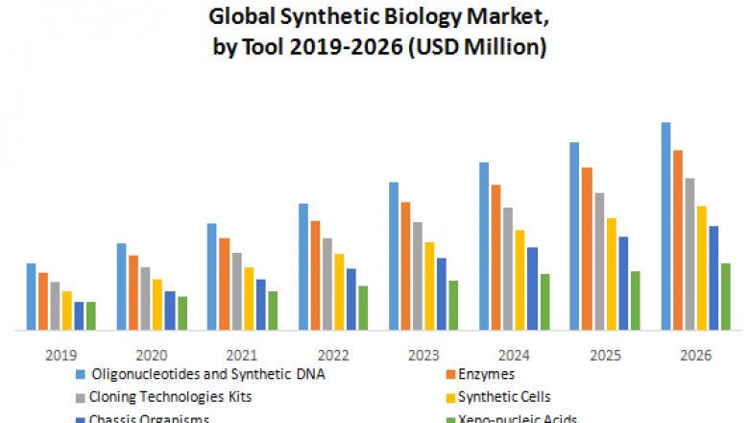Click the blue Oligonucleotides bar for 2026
[665, 226]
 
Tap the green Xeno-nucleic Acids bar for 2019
[91, 315]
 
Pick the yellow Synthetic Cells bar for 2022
[338, 291]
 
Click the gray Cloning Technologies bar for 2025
[598, 261]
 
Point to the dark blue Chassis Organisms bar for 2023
[441, 293]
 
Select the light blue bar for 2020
[121, 286]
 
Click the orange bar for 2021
[224, 284]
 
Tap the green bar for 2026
[725, 296]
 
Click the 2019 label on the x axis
[60, 355]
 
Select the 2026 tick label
[695, 355]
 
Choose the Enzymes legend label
[487, 374]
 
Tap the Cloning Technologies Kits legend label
[171, 396]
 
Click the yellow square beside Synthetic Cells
[449, 396]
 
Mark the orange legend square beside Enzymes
[449, 374]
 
